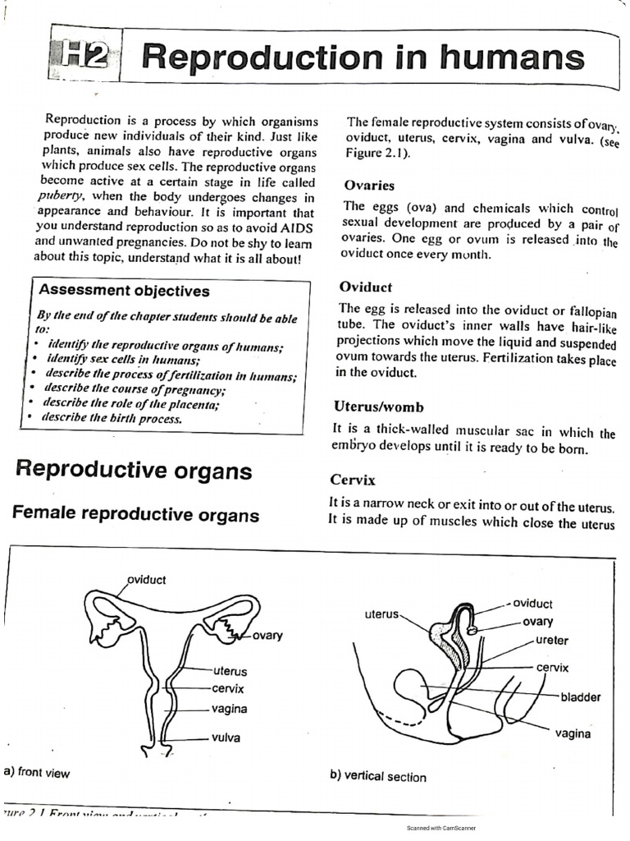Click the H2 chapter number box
click(x=85, y=55)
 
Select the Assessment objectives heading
click(x=124, y=291)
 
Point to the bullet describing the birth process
click(x=112, y=417)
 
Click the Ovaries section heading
click(x=369, y=186)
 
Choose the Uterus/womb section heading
click(x=378, y=407)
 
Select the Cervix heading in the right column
click(x=353, y=480)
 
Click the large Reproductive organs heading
click(x=134, y=471)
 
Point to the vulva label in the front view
click(x=226, y=738)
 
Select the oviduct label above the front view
click(x=147, y=580)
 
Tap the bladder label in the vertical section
click(x=580, y=697)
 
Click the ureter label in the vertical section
click(x=551, y=641)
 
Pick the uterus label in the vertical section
click(x=381, y=614)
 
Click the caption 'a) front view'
click(x=38, y=772)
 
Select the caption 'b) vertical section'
click(x=377, y=776)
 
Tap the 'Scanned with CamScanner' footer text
click(x=441, y=828)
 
